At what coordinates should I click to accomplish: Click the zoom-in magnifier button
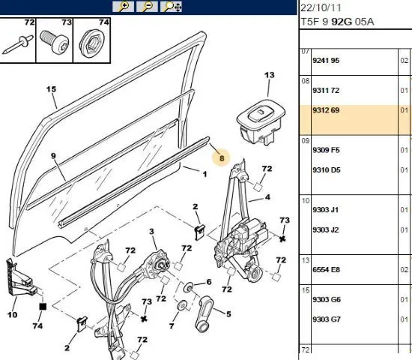pos(124,6)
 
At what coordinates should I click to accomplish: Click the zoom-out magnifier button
pos(147,6)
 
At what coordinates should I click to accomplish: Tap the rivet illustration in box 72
pos(18,44)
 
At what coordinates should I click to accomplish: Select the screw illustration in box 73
pos(55,42)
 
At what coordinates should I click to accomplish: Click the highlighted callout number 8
pos(222,158)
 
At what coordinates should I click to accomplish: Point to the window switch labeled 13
pos(261,121)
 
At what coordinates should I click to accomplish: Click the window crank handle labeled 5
pos(205,313)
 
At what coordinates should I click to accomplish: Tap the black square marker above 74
pos(43,307)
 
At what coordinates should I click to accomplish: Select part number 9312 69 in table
pos(326,110)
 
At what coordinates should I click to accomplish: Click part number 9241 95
pos(326,61)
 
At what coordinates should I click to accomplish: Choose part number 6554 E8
pos(326,270)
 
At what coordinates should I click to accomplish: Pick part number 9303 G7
pos(327,319)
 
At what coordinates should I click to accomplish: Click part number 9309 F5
pos(326,150)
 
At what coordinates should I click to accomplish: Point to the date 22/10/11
pos(321,7)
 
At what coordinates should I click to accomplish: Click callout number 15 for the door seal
pos(51,89)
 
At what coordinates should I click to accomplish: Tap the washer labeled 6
pos(189,286)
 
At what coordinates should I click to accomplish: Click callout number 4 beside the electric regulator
pos(267,196)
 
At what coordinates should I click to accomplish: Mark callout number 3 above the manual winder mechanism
pos(151,232)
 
